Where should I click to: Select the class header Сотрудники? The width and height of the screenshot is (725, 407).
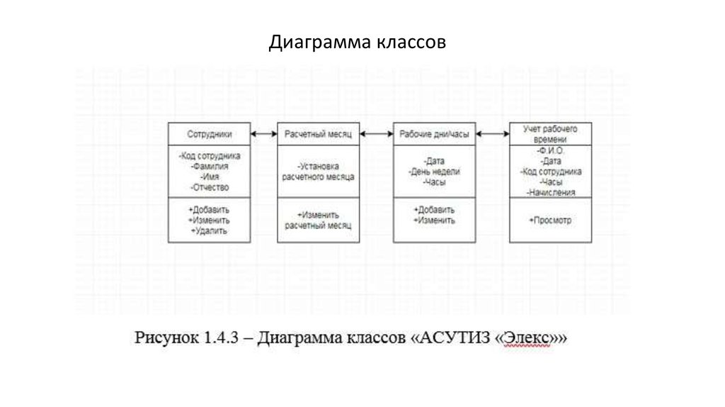coord(209,134)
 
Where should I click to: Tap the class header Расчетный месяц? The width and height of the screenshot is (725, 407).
coord(318,134)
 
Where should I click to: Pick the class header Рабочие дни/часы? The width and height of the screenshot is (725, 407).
coord(434,134)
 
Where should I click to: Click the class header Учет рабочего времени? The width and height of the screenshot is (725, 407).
coord(550,134)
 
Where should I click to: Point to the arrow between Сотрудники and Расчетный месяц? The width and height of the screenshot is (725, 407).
coord(263,133)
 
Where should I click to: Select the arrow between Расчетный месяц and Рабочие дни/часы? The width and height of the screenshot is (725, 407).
coord(377,133)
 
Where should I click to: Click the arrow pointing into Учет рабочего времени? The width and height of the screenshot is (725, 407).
coord(493,133)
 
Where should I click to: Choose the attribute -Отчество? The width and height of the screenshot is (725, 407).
coord(210,187)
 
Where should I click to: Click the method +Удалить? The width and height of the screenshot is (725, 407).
coord(209,231)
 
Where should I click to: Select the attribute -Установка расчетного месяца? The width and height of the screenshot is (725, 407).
coord(318,172)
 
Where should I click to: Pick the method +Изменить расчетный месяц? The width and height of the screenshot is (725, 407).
coord(318,220)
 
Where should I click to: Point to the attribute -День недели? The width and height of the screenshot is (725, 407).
coord(434,172)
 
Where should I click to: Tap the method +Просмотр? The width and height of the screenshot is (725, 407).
coord(550,221)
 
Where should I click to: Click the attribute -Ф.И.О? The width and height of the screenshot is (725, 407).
coord(550,151)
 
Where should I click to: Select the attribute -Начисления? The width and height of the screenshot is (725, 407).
coord(550,192)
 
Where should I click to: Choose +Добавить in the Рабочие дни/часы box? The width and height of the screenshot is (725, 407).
coord(434,211)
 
